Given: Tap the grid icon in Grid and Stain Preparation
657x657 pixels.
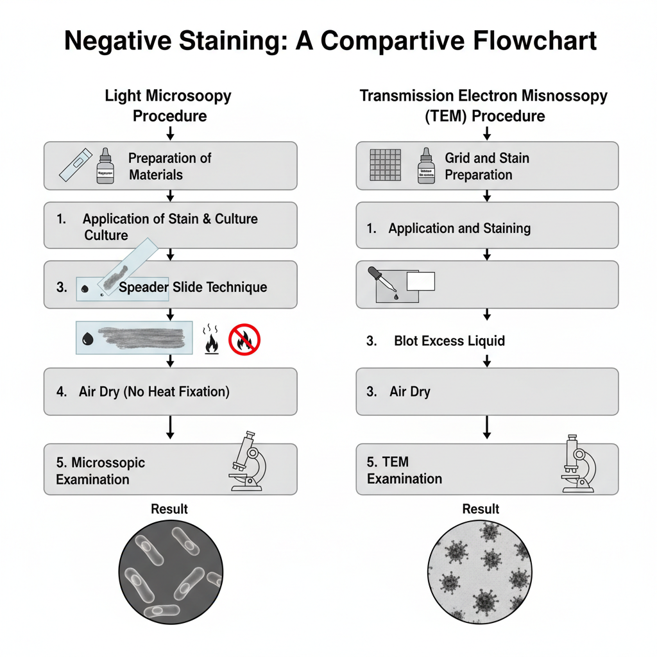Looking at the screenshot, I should (386, 166).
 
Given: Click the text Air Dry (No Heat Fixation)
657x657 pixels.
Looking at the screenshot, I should (154, 391).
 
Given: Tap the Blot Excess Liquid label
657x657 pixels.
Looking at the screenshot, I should (449, 341).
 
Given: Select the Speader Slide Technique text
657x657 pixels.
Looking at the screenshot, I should (192, 287).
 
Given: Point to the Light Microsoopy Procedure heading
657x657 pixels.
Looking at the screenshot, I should (169, 106).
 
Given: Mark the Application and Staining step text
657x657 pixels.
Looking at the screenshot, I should (459, 228).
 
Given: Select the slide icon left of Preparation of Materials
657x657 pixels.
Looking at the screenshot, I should (73, 166).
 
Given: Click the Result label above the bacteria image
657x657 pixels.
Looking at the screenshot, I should (169, 509).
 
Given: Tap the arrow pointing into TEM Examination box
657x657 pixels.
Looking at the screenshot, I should (487, 427).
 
